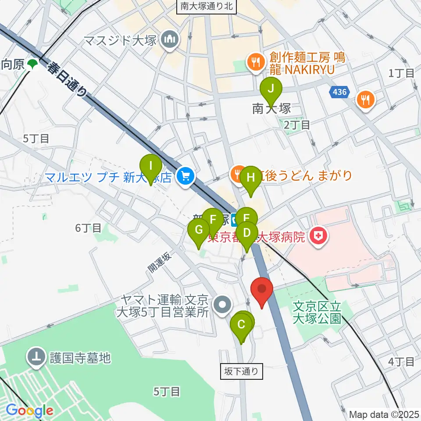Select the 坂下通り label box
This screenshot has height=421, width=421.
click(x=242, y=372)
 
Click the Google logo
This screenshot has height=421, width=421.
click(x=29, y=410)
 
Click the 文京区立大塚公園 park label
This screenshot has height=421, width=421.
click(x=317, y=310)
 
